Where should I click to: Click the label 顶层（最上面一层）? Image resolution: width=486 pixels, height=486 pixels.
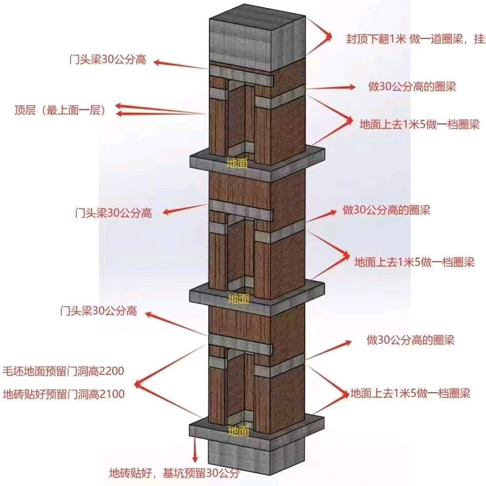click(59, 110)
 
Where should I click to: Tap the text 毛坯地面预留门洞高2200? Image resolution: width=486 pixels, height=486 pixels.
click(64, 370)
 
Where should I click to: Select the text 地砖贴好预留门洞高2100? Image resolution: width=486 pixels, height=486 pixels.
click(64, 394)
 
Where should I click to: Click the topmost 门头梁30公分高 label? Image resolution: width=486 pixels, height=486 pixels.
click(108, 59)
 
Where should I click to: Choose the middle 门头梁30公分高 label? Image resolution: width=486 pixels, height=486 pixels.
click(113, 213)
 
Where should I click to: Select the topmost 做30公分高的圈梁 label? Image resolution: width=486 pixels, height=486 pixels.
click(412, 86)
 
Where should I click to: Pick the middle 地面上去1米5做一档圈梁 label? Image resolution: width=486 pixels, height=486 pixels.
click(415, 262)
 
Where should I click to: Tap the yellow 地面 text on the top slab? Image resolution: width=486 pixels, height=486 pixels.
click(238, 164)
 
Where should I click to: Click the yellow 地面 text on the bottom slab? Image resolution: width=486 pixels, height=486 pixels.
click(239, 431)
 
